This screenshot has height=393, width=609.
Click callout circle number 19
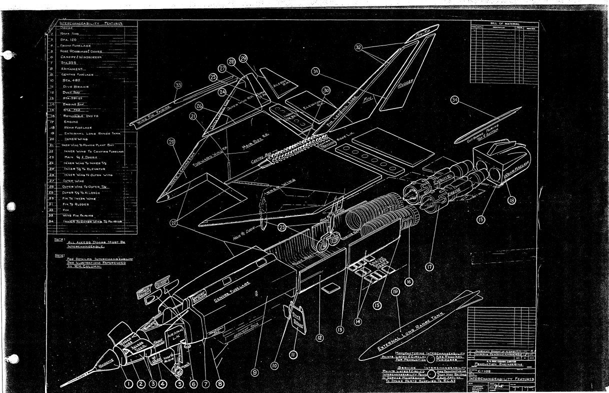[396, 291]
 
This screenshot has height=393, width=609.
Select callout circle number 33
[178, 85]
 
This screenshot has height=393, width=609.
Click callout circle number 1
[128, 384]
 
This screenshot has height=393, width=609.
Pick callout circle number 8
[219, 384]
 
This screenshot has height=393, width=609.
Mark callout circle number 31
[315, 71]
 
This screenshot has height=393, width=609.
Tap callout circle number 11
[294, 354]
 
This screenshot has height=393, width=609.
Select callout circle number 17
[429, 266]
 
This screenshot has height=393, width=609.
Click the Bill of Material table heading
[504, 24]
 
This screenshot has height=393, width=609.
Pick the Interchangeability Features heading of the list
[90, 23]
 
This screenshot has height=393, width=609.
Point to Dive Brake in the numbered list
[75, 86]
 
